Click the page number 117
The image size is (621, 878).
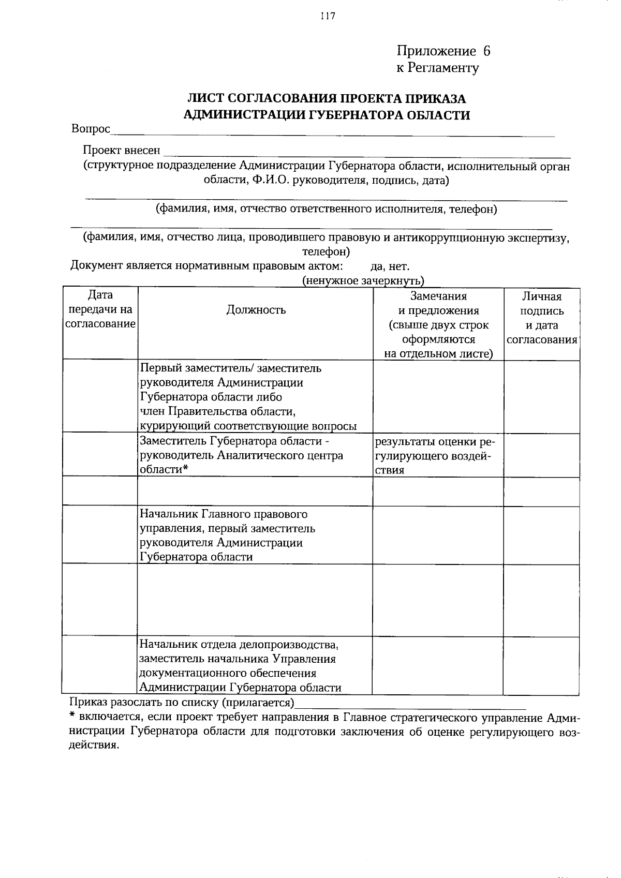click(328, 16)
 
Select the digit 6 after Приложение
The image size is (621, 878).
click(486, 51)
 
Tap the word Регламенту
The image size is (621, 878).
click(443, 68)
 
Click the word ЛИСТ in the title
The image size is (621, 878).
click(205, 99)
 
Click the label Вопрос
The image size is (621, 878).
click(91, 129)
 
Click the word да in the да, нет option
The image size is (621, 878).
click(376, 267)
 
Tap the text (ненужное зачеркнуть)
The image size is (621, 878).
click(363, 281)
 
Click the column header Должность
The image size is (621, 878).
click(256, 310)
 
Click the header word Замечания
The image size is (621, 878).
click(438, 296)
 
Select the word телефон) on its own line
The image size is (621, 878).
click(326, 252)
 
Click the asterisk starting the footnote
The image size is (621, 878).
click(73, 717)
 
